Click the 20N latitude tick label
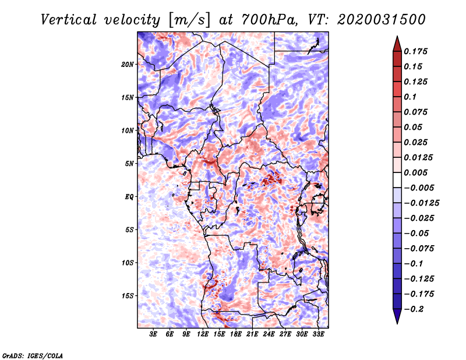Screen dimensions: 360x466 pyautogui.click(x=128, y=64)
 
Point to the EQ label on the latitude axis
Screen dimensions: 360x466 pyautogui.click(x=129, y=197)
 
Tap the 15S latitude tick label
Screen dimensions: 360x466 pyautogui.click(x=128, y=296)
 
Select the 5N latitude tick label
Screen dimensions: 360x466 pyautogui.click(x=129, y=164)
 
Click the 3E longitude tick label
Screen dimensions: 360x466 pyautogui.click(x=154, y=334)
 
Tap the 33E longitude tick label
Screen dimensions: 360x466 pyautogui.click(x=318, y=334)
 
